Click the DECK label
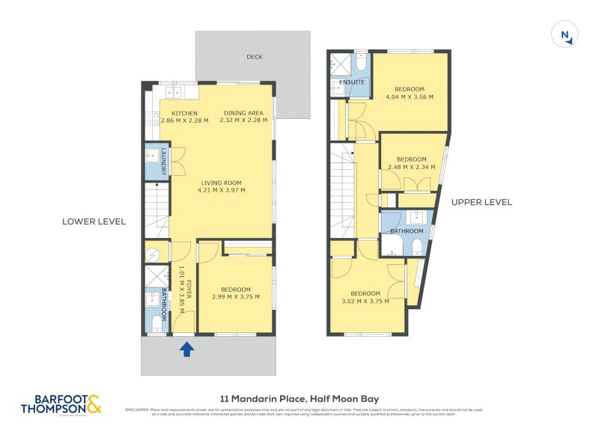(255, 57)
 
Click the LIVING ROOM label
(221, 183)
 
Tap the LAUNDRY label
(162, 162)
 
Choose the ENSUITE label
(351, 82)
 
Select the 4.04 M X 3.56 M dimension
(410, 97)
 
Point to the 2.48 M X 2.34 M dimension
(411, 168)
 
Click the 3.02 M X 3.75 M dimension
(366, 302)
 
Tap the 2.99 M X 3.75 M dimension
(235, 297)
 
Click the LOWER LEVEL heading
(94, 221)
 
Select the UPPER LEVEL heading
(481, 202)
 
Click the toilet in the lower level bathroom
(155, 323)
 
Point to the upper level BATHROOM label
(407, 232)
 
